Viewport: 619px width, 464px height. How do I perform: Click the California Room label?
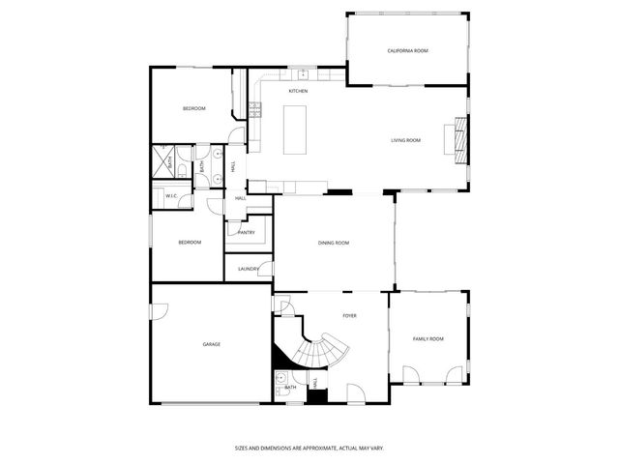point(407,50)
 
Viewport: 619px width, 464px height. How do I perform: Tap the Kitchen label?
point(298,91)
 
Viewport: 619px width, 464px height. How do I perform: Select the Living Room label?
point(405,141)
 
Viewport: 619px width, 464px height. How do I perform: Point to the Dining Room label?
point(334,244)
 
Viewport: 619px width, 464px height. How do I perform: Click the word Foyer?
point(349,316)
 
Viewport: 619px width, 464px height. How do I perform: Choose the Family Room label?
point(428,338)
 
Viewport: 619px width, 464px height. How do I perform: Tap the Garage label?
point(212,344)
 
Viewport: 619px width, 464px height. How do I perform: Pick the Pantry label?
point(247,232)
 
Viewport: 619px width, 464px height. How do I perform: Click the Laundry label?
point(249,269)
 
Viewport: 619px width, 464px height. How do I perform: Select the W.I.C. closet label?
point(171,196)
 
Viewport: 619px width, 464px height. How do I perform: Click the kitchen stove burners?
point(256,111)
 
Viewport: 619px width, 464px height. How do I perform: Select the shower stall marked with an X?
point(162,162)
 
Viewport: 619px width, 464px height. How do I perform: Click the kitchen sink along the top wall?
point(302,72)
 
